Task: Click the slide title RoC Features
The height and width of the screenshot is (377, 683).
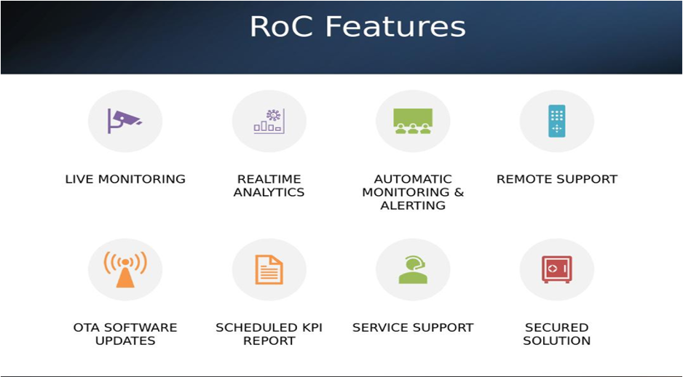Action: pyautogui.click(x=358, y=26)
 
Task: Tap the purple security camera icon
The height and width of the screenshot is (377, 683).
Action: pyautogui.click(x=125, y=121)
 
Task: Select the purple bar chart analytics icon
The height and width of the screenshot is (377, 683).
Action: pyautogui.click(x=269, y=121)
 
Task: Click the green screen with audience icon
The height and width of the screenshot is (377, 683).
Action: pyautogui.click(x=413, y=121)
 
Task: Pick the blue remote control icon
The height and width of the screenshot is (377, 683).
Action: pyautogui.click(x=557, y=121)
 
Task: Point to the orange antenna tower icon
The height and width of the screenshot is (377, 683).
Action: pyautogui.click(x=125, y=269)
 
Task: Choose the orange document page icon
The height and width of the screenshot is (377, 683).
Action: pyautogui.click(x=269, y=269)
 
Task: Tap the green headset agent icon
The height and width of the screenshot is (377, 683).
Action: pyautogui.click(x=413, y=269)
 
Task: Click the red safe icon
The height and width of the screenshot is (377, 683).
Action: pyautogui.click(x=557, y=269)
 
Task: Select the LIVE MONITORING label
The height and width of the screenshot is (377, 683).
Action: pyautogui.click(x=125, y=179)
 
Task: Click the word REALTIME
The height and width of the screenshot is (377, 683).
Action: pyautogui.click(x=269, y=179)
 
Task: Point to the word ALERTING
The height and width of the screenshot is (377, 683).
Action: pyautogui.click(x=413, y=205)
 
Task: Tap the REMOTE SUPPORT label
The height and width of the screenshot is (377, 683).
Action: pyautogui.click(x=557, y=179)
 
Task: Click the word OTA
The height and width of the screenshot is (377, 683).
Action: pyautogui.click(x=87, y=328)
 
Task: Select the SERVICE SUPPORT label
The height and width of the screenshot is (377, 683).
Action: pyautogui.click(x=413, y=328)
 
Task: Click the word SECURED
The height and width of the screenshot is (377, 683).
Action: pyautogui.click(x=557, y=328)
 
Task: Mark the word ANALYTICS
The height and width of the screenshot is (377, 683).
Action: pyautogui.click(x=269, y=192)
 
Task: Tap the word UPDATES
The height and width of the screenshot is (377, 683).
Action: pyautogui.click(x=125, y=341)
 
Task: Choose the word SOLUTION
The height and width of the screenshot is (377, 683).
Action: pyautogui.click(x=557, y=341)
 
